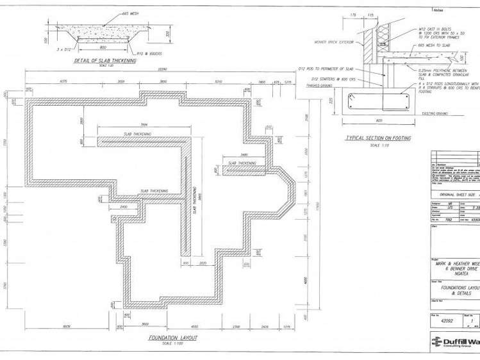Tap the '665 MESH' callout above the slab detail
(x=129, y=12)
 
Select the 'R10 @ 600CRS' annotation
(x=149, y=54)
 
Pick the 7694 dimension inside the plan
(x=144, y=124)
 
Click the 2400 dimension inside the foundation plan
(x=124, y=208)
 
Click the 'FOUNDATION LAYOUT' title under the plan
(x=172, y=337)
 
